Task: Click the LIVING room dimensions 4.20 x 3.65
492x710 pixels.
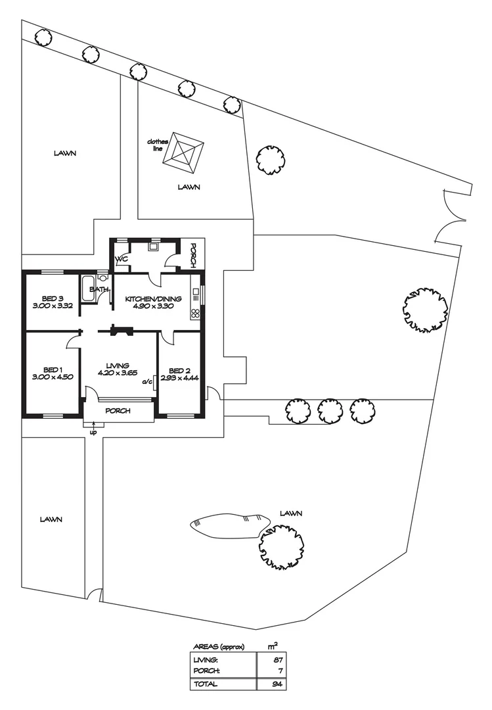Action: [x=118, y=373]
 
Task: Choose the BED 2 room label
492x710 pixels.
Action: [x=180, y=369]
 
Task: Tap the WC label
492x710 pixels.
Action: [x=121, y=260]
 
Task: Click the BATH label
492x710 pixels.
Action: [x=99, y=289]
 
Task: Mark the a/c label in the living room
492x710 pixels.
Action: [x=146, y=379]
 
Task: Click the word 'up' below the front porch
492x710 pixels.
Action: [x=93, y=432]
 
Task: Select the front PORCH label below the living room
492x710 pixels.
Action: [x=118, y=411]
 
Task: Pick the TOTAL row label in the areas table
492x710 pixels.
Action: [x=206, y=684]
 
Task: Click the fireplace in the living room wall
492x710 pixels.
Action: [x=120, y=329]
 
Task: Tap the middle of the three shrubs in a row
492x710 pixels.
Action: [x=328, y=410]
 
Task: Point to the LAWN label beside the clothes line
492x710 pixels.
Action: [x=189, y=187]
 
